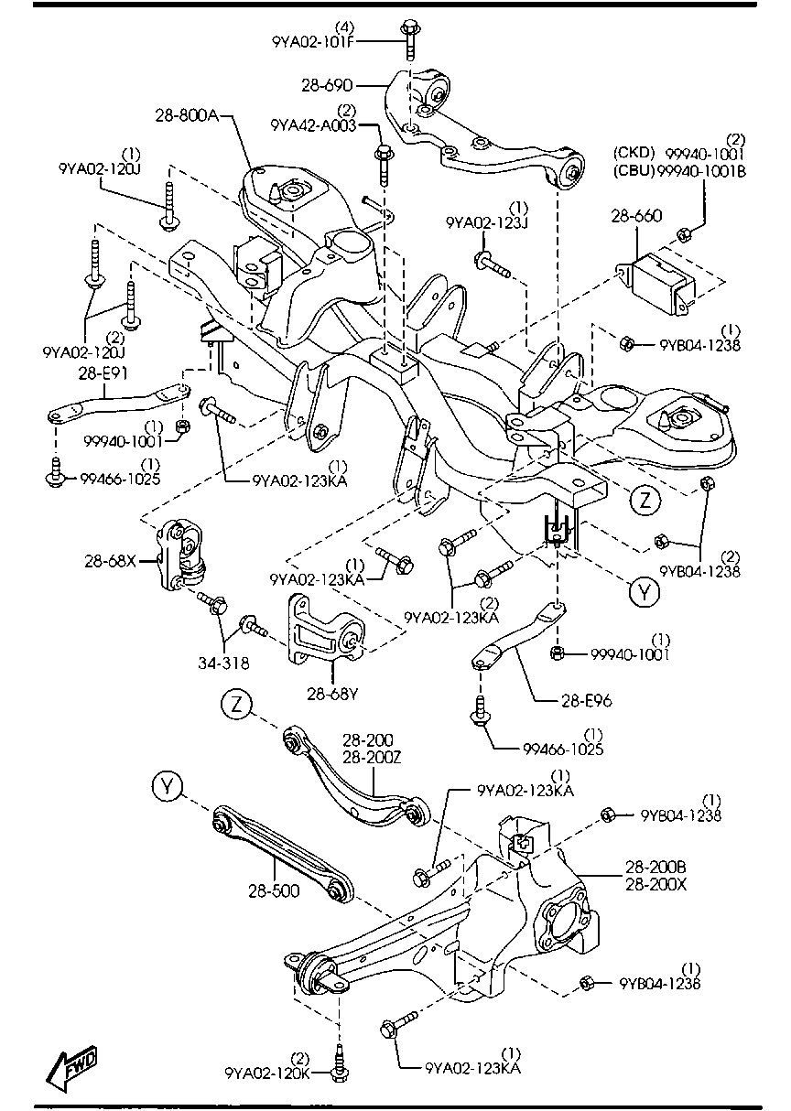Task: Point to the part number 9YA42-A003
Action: point(312,124)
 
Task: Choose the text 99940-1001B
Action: point(706,167)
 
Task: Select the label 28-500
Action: point(273,889)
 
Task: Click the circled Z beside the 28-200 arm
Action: point(237,704)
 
